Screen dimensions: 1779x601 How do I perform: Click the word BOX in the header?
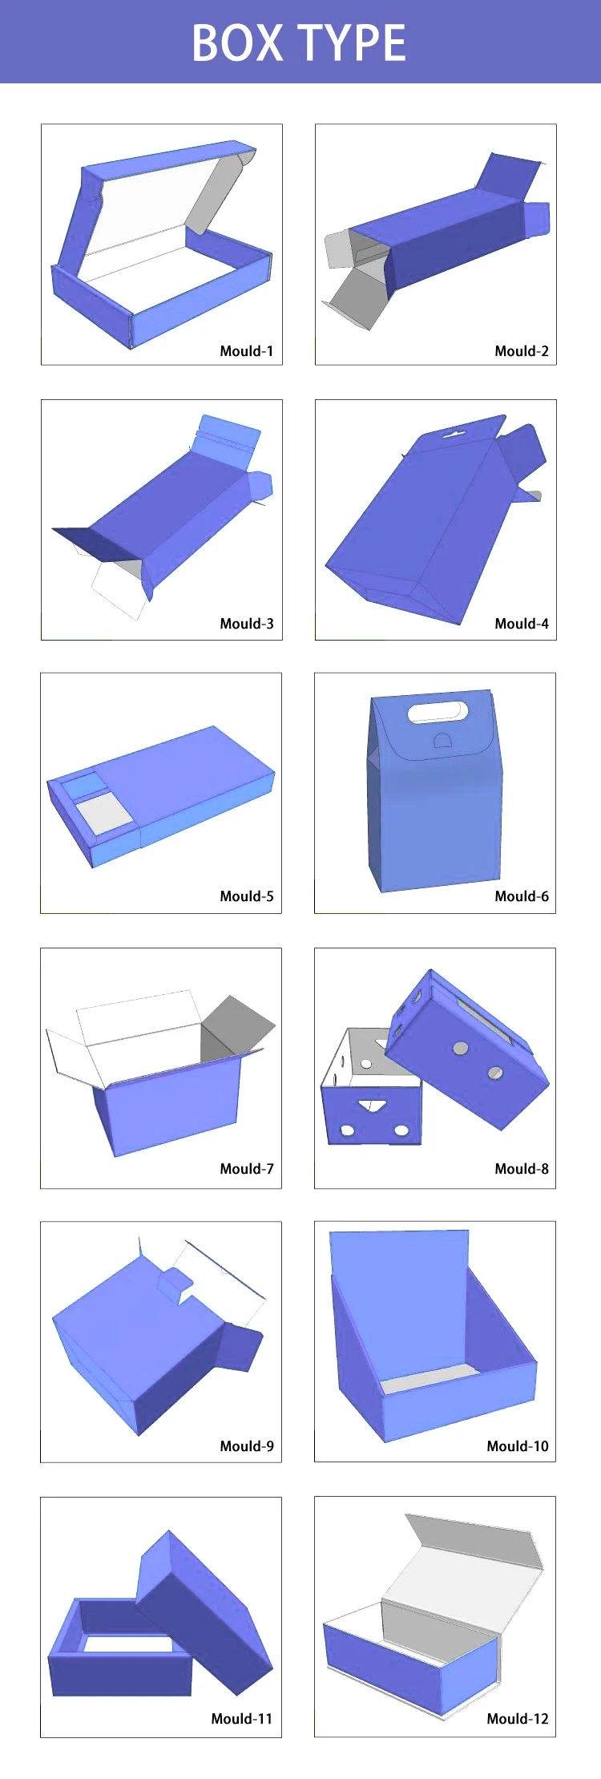pyautogui.click(x=237, y=43)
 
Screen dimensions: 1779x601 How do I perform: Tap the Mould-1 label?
pyautogui.click(x=246, y=351)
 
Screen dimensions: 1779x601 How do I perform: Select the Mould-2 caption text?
pyautogui.click(x=521, y=351)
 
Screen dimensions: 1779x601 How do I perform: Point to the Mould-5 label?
pyautogui.click(x=246, y=896)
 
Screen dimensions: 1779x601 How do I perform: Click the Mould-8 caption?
pyautogui.click(x=521, y=1169)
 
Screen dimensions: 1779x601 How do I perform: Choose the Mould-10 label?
pyautogui.click(x=517, y=1446)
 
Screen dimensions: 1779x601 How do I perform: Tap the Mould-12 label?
pyautogui.click(x=517, y=1719)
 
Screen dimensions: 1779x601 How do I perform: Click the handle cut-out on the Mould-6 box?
pyautogui.click(x=438, y=711)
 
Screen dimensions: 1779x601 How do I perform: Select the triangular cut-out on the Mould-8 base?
pyautogui.click(x=371, y=1106)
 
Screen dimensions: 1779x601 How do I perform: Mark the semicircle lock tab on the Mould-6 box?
pyautogui.click(x=442, y=740)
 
